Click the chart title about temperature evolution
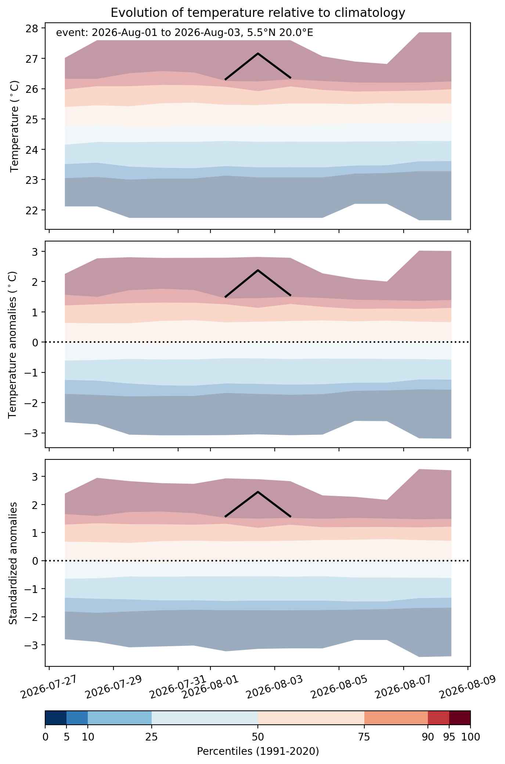coord(258,13)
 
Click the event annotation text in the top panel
coord(184,33)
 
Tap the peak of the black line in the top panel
coord(258,53)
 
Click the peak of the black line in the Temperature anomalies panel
coord(258,270)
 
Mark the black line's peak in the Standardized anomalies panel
coord(258,492)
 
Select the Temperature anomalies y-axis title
coord(13,345)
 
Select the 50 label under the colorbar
coord(258,737)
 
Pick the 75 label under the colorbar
coord(364,737)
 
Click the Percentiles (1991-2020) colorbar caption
coord(258,752)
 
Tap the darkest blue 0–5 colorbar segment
coord(56,718)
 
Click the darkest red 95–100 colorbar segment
coord(460,718)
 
